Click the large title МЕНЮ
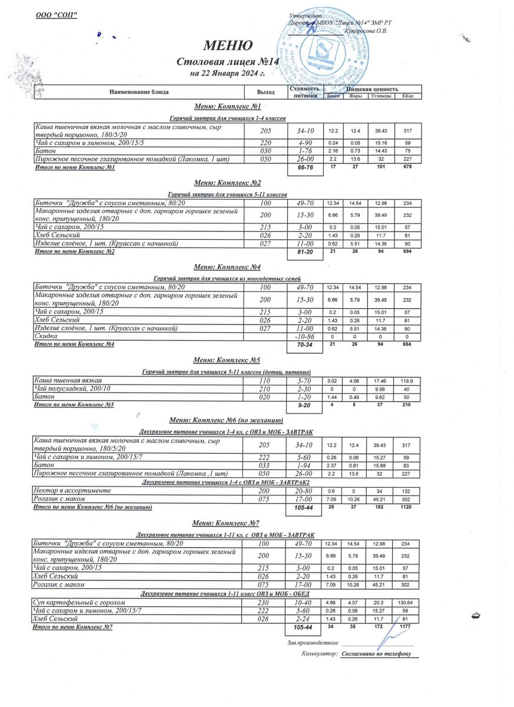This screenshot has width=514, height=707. click(x=228, y=45)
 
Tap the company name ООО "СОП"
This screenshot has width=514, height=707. click(x=57, y=14)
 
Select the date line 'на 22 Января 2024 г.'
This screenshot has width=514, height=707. click(x=227, y=74)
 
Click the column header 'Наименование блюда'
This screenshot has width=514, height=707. click(x=139, y=92)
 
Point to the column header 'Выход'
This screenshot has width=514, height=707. click(x=266, y=92)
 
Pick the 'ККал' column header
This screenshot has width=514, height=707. click(x=407, y=96)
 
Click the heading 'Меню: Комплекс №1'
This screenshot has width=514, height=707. click(x=227, y=107)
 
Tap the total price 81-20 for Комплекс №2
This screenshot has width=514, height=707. click(x=304, y=252)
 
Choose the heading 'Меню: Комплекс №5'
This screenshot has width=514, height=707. click(x=227, y=359)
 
